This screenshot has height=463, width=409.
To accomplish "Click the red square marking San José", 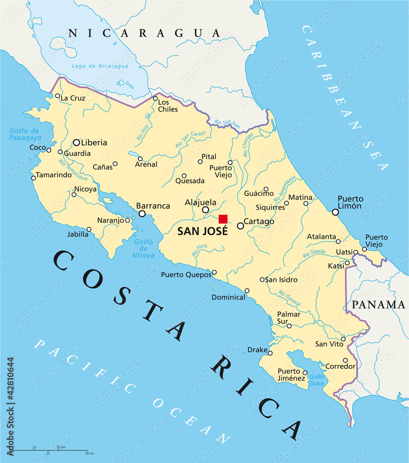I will coord(223,219).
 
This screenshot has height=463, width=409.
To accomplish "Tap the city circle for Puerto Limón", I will coord(335,212).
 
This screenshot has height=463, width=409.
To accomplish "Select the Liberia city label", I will coord(94,143).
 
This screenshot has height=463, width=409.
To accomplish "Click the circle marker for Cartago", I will coord(240,226).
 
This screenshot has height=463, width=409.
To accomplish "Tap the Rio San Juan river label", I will coord(226,122).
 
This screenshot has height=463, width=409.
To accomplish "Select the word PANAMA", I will coord(378,305).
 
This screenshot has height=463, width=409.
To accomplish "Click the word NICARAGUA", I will coord(144,33).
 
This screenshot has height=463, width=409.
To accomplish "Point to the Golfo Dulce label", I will coord(317,380).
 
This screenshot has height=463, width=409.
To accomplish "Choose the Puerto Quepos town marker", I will coord(214,272).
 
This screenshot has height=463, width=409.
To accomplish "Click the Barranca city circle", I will coord(142,213).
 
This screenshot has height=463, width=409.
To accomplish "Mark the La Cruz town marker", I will coord(57,96).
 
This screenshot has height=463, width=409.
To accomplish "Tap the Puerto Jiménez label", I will coord(291,375).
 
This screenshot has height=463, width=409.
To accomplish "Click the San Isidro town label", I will coord(282,280).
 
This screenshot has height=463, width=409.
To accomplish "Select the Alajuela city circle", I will coord(205,210).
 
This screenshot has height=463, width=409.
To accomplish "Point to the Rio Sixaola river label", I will coord(314,253).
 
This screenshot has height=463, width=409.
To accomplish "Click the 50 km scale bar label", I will coord(61,447).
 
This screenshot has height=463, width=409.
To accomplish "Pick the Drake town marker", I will coord(270,353).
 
